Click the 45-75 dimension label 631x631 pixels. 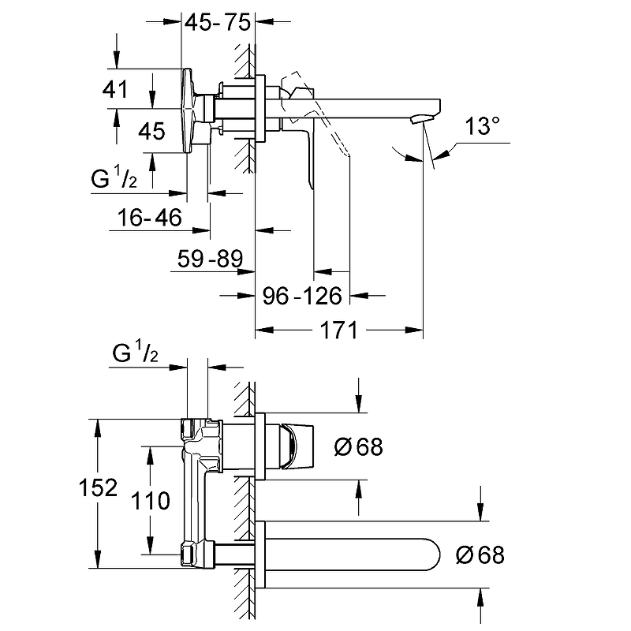pos(217,22)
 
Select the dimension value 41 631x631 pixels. pos(115,90)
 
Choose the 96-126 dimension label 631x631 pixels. pos(302,296)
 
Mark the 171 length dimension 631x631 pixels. pos(340,330)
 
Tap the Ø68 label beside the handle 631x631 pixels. pos(358,446)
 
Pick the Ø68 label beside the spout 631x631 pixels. pos(480,554)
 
